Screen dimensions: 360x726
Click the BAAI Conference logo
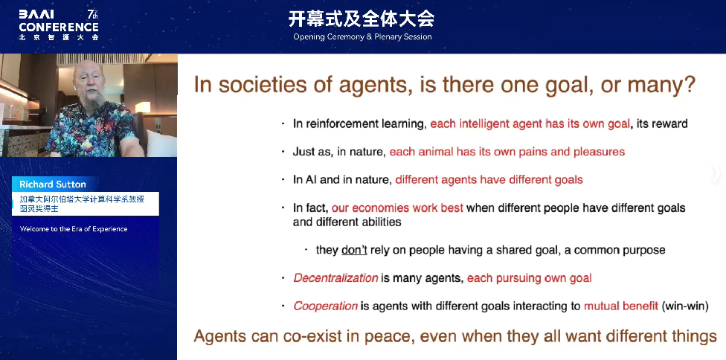pos(59,25)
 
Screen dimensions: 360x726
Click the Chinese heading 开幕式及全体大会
pos(362,19)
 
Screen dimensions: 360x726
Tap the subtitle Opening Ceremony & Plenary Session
pos(362,36)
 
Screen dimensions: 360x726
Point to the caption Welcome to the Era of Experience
pos(74,229)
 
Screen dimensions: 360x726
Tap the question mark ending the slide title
pos(689,84)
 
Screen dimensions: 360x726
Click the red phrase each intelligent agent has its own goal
pos(530,123)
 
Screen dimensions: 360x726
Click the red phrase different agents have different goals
pos(489,179)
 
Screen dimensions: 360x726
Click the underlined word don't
pos(355,250)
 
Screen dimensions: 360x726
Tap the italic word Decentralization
pos(335,278)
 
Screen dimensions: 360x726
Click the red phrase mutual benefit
pos(621,306)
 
